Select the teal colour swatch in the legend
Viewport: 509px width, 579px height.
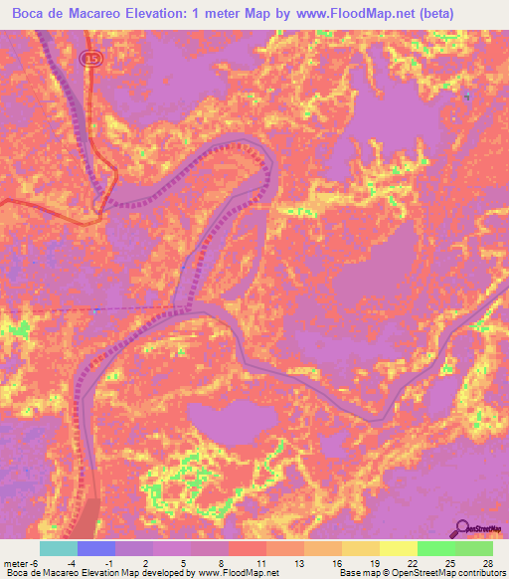click(x=59, y=548)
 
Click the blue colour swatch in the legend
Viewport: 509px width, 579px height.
click(x=96, y=548)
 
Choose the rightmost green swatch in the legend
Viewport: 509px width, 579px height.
click(x=473, y=548)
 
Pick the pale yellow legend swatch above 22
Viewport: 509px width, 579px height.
click(x=399, y=548)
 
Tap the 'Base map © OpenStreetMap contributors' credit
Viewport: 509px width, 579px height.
click(x=421, y=573)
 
